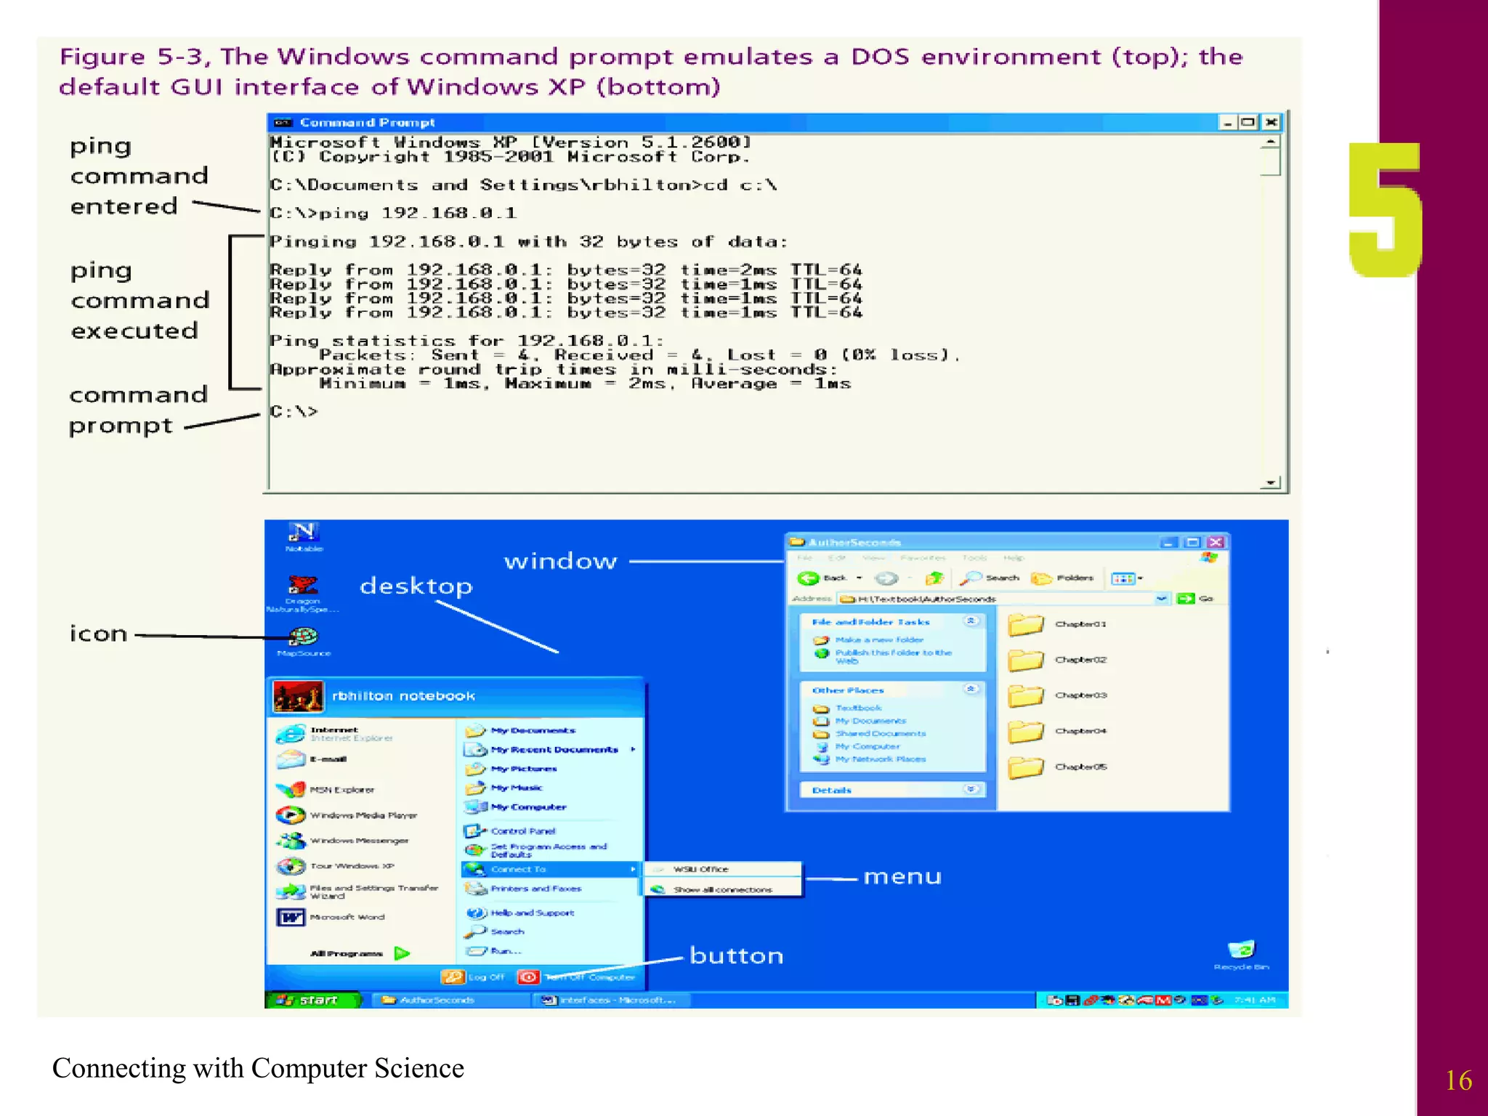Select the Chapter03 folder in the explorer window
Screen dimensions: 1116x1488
(1026, 695)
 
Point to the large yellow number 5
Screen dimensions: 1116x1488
(1384, 211)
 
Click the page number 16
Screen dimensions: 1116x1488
(1457, 1080)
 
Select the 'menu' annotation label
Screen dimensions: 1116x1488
(902, 877)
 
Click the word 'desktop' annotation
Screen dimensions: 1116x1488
(416, 586)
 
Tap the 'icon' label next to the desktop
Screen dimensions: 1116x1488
(98, 634)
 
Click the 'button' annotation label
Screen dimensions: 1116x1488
(736, 955)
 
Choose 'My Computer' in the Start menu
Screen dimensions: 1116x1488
(527, 807)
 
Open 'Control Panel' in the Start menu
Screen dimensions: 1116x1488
(522, 830)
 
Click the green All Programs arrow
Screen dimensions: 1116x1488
(402, 953)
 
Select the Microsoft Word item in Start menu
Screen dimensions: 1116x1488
(347, 917)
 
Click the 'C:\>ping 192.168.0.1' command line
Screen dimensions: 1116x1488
(392, 213)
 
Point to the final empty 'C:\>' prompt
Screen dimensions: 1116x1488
(294, 411)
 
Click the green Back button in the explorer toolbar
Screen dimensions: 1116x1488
(808, 578)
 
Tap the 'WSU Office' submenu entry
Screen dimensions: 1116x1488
(700, 869)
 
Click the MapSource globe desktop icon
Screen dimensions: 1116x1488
(303, 637)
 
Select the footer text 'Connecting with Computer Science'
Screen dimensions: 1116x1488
(258, 1068)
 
